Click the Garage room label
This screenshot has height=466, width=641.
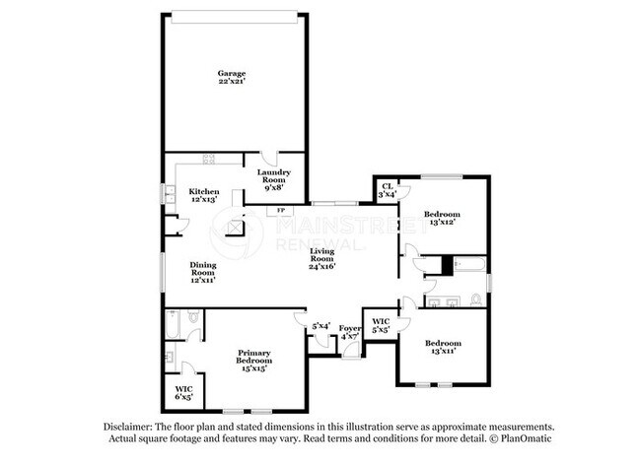[232, 74]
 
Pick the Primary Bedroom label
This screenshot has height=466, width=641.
[254, 358]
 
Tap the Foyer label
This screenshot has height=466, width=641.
[350, 328]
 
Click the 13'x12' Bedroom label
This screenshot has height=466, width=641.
[441, 214]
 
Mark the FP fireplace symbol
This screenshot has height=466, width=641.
[281, 210]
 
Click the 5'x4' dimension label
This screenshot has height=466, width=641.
[320, 326]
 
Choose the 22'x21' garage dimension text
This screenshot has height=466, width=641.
[232, 83]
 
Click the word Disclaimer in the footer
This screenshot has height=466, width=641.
[131, 426]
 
